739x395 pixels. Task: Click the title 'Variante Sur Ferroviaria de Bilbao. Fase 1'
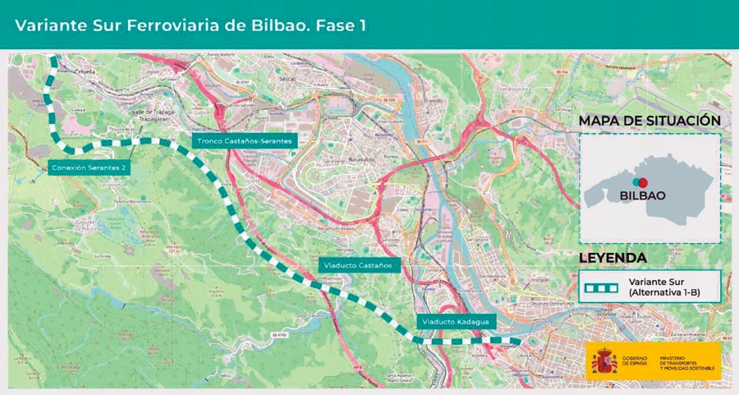click(190, 25)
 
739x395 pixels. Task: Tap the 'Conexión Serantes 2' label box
click(88, 168)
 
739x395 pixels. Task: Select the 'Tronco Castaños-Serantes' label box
click(244, 141)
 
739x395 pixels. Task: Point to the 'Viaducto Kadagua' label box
click(455, 321)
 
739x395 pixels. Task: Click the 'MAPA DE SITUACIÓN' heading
click(649, 121)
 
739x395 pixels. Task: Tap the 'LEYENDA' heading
click(613, 258)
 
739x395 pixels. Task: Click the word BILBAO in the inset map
click(642, 195)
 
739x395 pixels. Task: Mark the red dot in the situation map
click(644, 181)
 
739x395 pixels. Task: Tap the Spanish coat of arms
click(604, 361)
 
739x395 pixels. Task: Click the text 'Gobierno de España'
click(634, 361)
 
